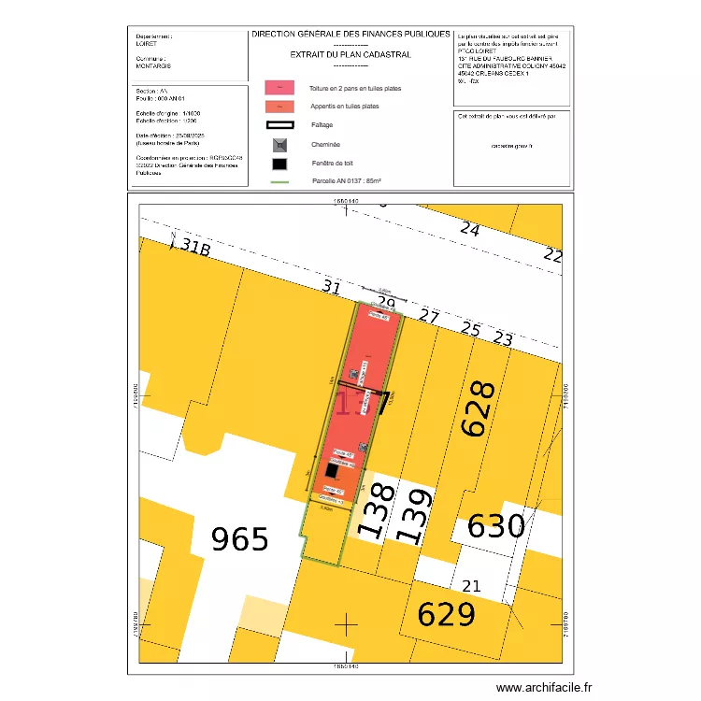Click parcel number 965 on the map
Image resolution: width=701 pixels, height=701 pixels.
[240, 539]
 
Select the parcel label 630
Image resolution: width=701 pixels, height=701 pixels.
[496, 526]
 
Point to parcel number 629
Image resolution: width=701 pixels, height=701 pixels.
[446, 614]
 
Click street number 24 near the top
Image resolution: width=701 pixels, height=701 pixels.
[469, 229]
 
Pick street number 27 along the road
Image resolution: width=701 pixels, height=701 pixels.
[428, 316]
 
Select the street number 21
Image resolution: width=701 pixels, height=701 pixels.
[472, 585]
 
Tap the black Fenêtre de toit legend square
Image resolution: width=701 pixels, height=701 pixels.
[279, 165]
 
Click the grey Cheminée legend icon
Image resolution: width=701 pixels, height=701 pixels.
[279, 145]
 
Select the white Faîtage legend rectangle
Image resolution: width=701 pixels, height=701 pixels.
[279, 125]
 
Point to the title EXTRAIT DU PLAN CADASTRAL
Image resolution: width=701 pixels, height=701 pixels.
[350, 54]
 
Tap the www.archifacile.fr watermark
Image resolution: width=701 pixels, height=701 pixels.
[544, 687]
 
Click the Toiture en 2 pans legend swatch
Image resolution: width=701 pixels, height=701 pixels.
[279, 87]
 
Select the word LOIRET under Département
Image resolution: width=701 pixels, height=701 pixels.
[148, 43]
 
